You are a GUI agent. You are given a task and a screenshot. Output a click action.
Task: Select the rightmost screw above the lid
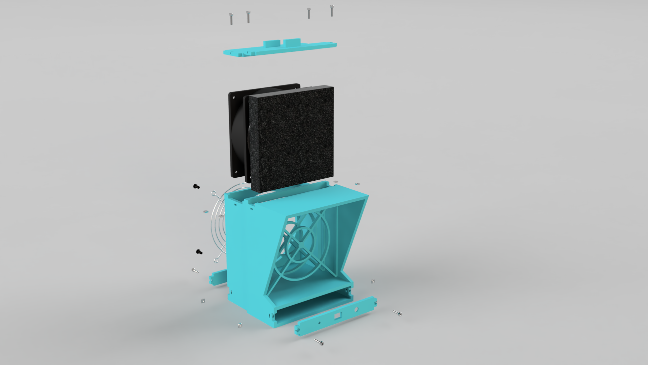pos(332,10)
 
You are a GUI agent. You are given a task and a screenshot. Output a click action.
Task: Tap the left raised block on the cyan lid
pos(272,44)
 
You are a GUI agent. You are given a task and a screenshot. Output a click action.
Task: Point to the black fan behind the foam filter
pos(237,134)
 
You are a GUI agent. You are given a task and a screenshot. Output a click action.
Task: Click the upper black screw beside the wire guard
pos(196,186)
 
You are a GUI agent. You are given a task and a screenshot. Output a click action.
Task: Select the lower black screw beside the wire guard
pos(199,252)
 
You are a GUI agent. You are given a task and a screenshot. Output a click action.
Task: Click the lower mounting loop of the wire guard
pos(218,258)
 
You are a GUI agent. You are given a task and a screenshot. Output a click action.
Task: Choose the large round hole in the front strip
pos(356,310)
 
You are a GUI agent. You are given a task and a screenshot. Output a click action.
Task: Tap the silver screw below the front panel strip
pos(319,342)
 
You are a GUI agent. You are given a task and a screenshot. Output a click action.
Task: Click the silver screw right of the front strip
pos(397,313)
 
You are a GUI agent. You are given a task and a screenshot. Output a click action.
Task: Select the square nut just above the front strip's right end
pos(373,282)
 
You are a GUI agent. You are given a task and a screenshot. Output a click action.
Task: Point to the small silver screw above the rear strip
pos(195,270)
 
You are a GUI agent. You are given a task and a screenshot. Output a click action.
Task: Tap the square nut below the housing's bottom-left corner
pos(240,325)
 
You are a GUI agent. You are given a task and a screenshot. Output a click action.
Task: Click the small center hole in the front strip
pos(319,323)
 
